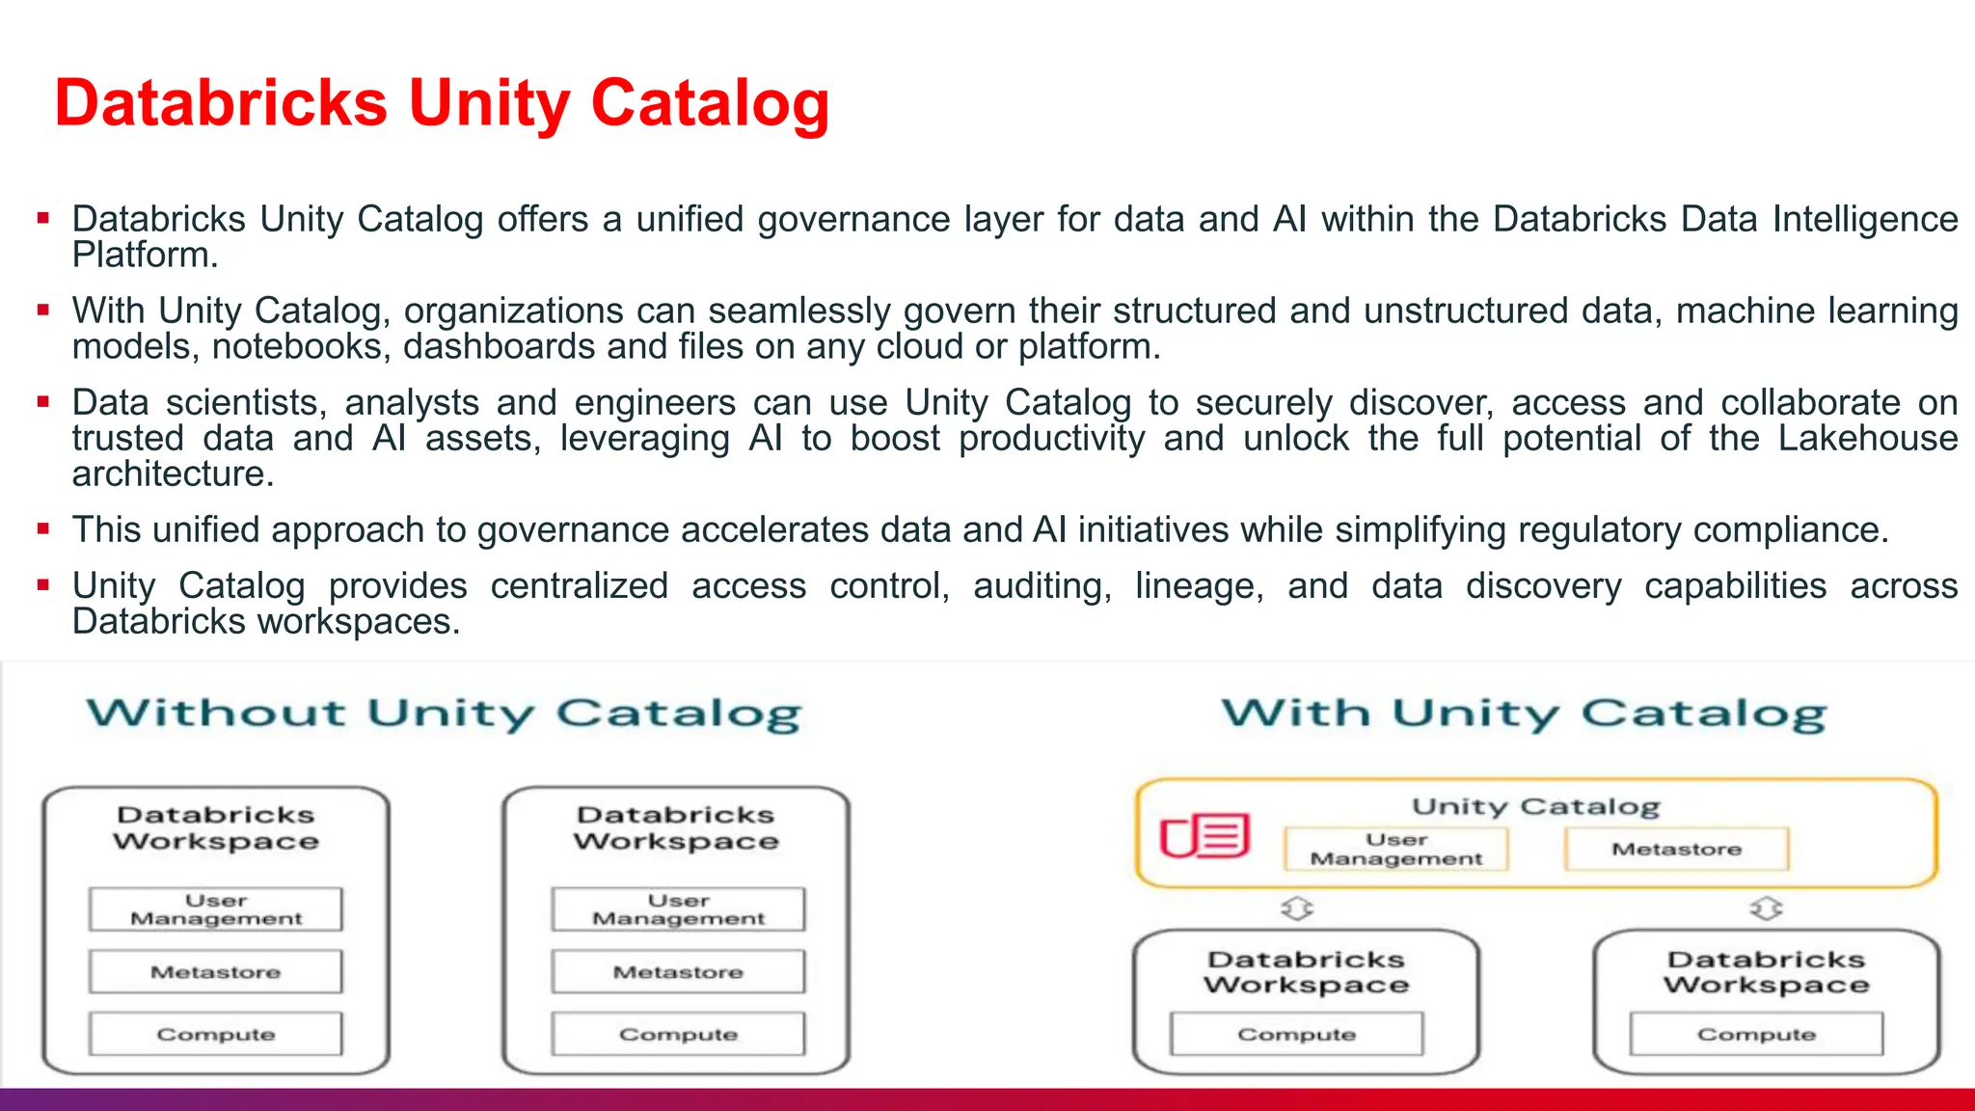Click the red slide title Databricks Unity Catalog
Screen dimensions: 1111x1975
click(x=442, y=103)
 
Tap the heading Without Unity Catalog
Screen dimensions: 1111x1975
click(x=444, y=714)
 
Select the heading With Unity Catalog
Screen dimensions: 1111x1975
click(x=1524, y=714)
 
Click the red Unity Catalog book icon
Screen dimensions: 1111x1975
click(x=1204, y=836)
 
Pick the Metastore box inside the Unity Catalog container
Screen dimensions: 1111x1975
click(x=1676, y=849)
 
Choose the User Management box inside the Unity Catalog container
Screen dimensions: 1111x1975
click(x=1395, y=849)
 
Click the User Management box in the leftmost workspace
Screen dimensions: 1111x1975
click(x=216, y=909)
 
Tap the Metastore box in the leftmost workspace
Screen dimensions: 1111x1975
click(x=216, y=972)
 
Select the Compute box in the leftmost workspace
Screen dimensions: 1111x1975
click(x=216, y=1034)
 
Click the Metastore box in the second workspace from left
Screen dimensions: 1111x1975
click(x=678, y=972)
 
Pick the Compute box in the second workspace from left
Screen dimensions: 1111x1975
click(x=678, y=1034)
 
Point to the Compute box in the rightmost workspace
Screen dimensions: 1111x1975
click(x=1756, y=1034)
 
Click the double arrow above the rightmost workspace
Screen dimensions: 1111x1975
click(x=1766, y=908)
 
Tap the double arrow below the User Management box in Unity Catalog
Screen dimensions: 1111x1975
click(x=1297, y=908)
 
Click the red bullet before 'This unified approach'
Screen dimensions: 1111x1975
click(x=43, y=529)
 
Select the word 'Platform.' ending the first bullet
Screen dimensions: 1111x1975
click(x=145, y=256)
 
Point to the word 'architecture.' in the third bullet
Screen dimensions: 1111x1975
click(x=174, y=474)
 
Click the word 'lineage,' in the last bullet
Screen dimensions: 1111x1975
click(x=1199, y=586)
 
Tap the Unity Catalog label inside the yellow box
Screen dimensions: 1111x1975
click(x=1536, y=806)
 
